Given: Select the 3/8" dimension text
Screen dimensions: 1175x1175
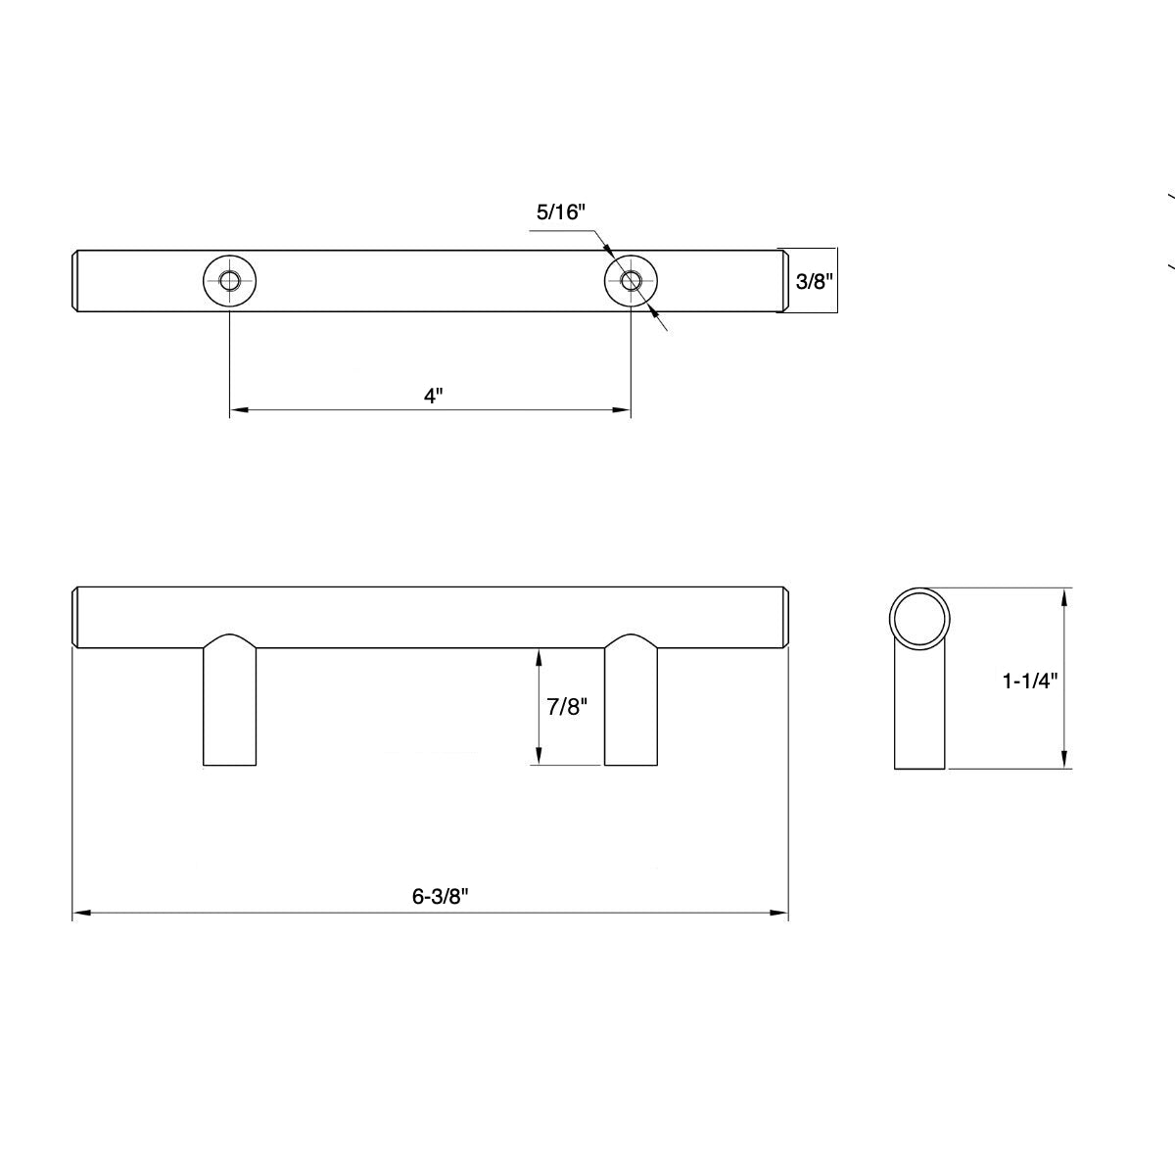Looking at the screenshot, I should (x=814, y=282).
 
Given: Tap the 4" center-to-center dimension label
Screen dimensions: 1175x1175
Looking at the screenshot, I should (x=434, y=396).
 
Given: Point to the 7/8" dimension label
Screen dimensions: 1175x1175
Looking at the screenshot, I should (x=566, y=707).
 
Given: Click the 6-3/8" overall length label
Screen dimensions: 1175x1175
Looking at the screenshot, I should (x=435, y=896).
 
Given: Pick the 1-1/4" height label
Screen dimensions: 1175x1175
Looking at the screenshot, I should (x=1030, y=681).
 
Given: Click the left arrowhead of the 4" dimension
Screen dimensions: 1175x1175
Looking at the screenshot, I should (x=237, y=409).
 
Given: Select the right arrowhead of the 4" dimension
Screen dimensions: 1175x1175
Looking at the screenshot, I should (x=622, y=409).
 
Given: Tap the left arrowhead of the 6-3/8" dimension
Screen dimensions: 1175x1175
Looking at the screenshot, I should (x=81, y=914).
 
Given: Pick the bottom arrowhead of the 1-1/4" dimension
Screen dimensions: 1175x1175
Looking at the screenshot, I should (x=1065, y=761).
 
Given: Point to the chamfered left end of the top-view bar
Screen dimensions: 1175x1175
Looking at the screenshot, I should (x=76, y=282).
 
